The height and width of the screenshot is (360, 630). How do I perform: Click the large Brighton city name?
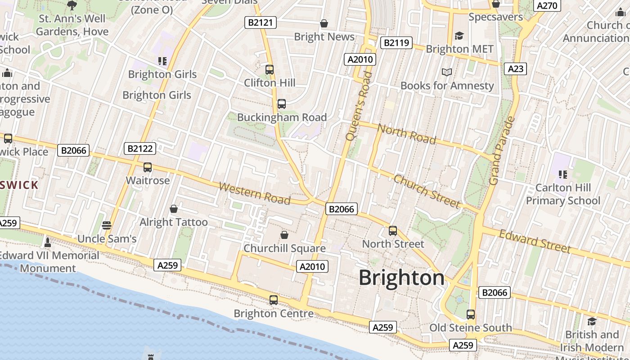pos(401,278)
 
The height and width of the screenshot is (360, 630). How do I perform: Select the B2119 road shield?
pos(396,43)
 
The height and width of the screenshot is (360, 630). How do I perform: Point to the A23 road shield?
pos(515,68)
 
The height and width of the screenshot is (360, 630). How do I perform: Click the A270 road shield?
pos(547,6)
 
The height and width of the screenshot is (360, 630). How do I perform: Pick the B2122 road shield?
pos(139,148)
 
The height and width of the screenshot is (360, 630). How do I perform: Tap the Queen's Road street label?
pos(360,105)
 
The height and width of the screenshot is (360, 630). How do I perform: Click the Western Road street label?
pos(254,193)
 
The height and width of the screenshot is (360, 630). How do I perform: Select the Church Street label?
pos(427,191)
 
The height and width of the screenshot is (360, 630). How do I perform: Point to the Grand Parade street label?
pos(501,151)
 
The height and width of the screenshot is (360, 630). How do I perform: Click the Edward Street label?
pos(535,241)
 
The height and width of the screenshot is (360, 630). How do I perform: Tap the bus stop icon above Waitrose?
pos(148,167)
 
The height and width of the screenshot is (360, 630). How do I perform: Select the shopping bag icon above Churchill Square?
pos(284,235)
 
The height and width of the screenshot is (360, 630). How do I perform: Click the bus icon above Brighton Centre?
pos(274,300)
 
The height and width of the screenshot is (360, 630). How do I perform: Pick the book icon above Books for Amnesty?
pos(446,72)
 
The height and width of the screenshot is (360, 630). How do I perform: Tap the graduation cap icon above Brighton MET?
pos(459,36)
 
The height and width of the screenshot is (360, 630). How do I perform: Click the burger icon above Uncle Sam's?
pos(107,225)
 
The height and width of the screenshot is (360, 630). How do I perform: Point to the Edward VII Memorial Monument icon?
pos(48,243)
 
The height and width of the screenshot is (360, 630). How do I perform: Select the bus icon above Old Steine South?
pos(471,314)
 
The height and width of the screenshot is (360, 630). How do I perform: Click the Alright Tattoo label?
pos(174,222)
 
